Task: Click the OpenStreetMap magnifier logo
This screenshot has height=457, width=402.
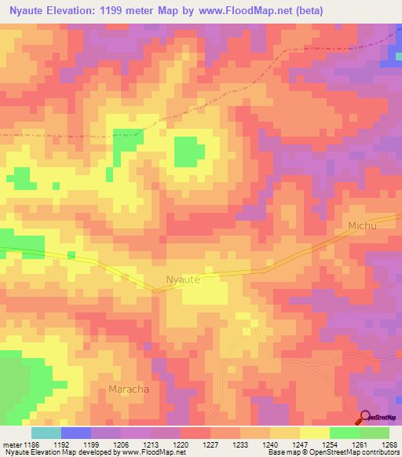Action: coord(366,416)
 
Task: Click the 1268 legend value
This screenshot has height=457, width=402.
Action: coord(389,444)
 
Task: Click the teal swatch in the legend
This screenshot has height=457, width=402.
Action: coord(46,433)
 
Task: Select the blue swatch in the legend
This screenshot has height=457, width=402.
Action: coord(76,433)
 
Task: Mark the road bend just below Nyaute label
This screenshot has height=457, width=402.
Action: coord(155,291)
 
